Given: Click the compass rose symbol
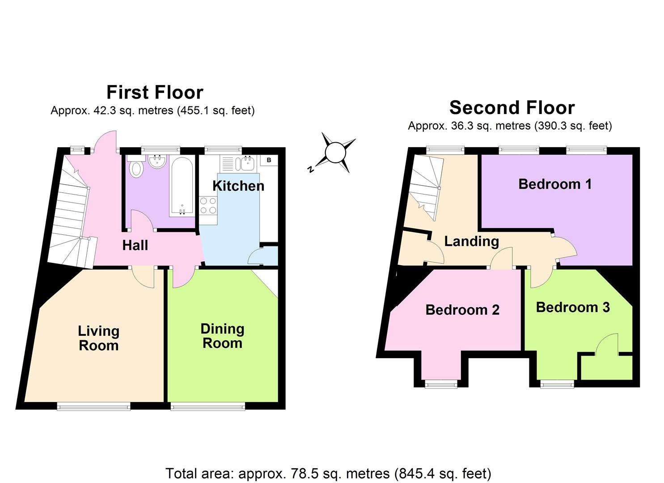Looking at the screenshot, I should pyautogui.click(x=335, y=153).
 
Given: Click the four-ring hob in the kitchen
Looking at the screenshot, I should pyautogui.click(x=208, y=206).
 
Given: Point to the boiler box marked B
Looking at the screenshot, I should pyautogui.click(x=269, y=160).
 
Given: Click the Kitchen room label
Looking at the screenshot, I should pyautogui.click(x=238, y=186).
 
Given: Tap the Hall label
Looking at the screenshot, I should pyautogui.click(x=135, y=245).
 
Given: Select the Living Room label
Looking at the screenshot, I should pyautogui.click(x=98, y=338).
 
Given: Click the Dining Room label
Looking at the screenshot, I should pyautogui.click(x=222, y=336).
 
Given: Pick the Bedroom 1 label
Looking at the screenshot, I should pyautogui.click(x=555, y=184).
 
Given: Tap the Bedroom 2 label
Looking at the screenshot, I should pyautogui.click(x=462, y=309).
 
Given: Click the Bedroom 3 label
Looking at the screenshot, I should pyautogui.click(x=573, y=307).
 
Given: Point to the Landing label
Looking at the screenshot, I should pyautogui.click(x=471, y=241).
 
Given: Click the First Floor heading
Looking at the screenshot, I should pyautogui.click(x=155, y=92).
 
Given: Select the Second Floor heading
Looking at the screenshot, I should pyautogui.click(x=512, y=108).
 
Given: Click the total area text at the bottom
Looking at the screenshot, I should pyautogui.click(x=328, y=473).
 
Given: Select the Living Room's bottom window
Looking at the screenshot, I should pyautogui.click(x=93, y=406).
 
